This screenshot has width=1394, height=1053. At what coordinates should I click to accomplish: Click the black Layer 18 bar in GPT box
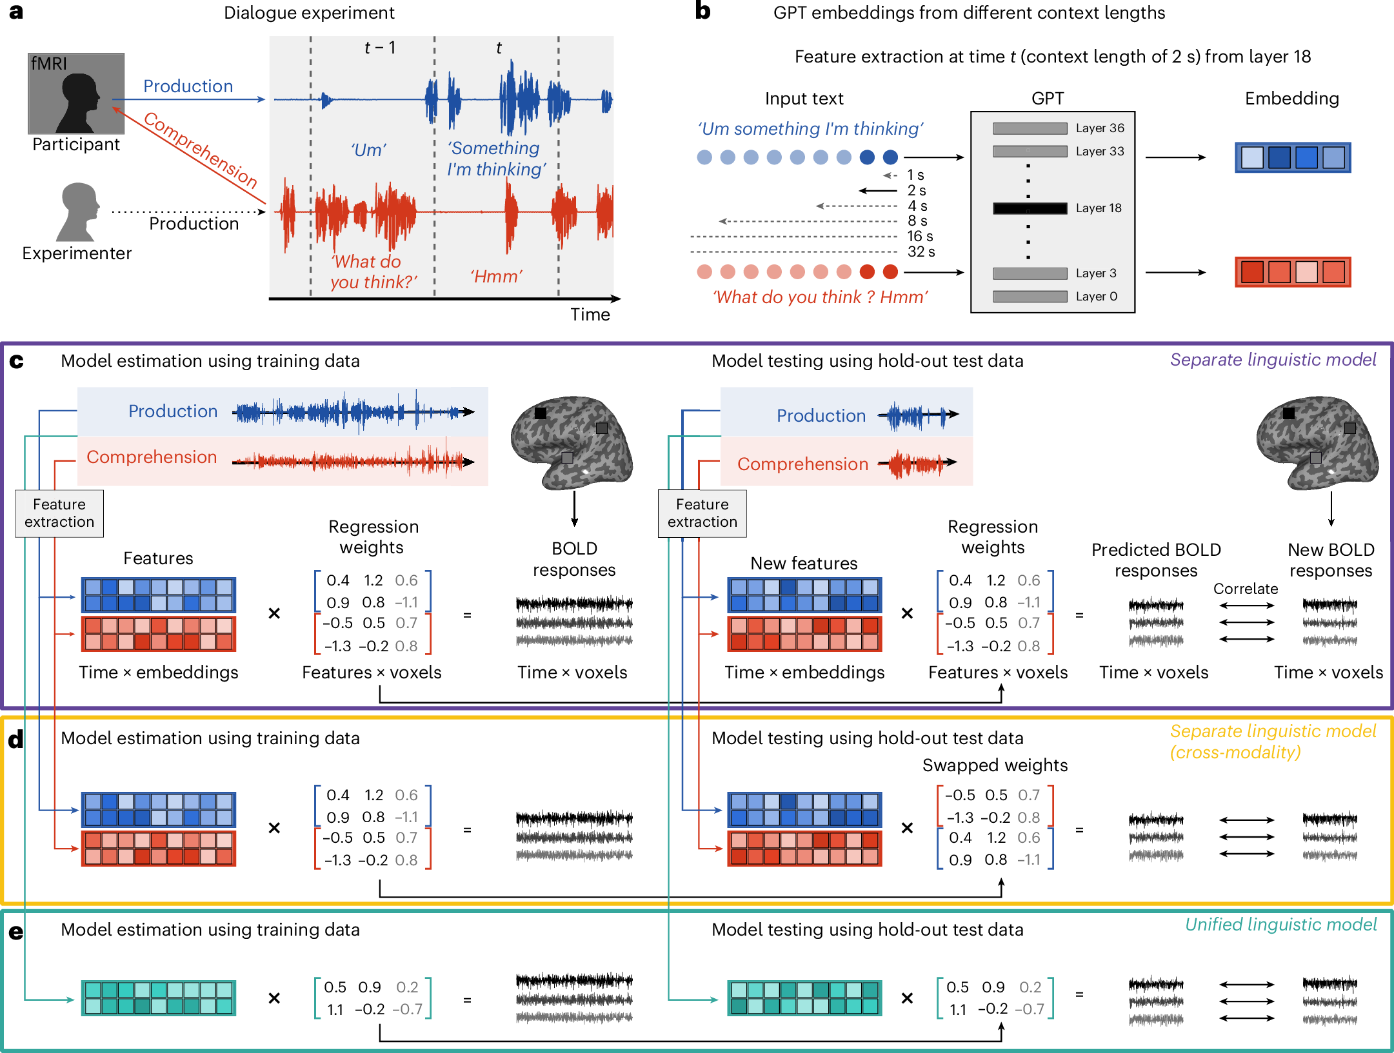pos(1030,208)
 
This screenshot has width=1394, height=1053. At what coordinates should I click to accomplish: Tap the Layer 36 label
pos(1099,128)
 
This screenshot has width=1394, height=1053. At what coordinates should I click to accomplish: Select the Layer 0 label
pos(1096,297)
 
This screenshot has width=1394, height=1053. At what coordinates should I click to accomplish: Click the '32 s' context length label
pos(921,251)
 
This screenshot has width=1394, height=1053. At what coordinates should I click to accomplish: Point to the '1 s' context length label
pos(915,175)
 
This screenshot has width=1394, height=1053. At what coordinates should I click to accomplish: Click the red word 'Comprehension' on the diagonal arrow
pos(200,150)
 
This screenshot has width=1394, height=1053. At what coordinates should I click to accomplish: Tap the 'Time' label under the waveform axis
pos(590,315)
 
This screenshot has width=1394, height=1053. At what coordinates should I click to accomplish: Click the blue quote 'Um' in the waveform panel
pos(368,150)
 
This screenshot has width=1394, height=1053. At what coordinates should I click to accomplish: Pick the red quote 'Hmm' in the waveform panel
pos(495,277)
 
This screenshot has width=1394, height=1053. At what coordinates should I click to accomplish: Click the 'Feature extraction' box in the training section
pos(59,513)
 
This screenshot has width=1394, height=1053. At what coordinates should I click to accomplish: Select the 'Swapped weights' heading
pos(994,765)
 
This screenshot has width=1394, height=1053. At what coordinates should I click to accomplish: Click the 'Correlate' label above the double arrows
pos(1245,589)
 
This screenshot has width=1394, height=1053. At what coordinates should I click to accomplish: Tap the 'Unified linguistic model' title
pos(1280,925)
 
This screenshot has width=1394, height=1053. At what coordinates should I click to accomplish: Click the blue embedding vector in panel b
pos(1292,157)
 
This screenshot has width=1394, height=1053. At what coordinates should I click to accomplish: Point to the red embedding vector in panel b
pos(1292,272)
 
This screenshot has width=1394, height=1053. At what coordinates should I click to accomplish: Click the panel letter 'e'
pos(16,932)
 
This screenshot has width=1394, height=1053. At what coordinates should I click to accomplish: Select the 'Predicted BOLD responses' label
pos(1155,560)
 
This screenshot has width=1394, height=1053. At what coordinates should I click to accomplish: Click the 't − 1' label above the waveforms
pos(380,48)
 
